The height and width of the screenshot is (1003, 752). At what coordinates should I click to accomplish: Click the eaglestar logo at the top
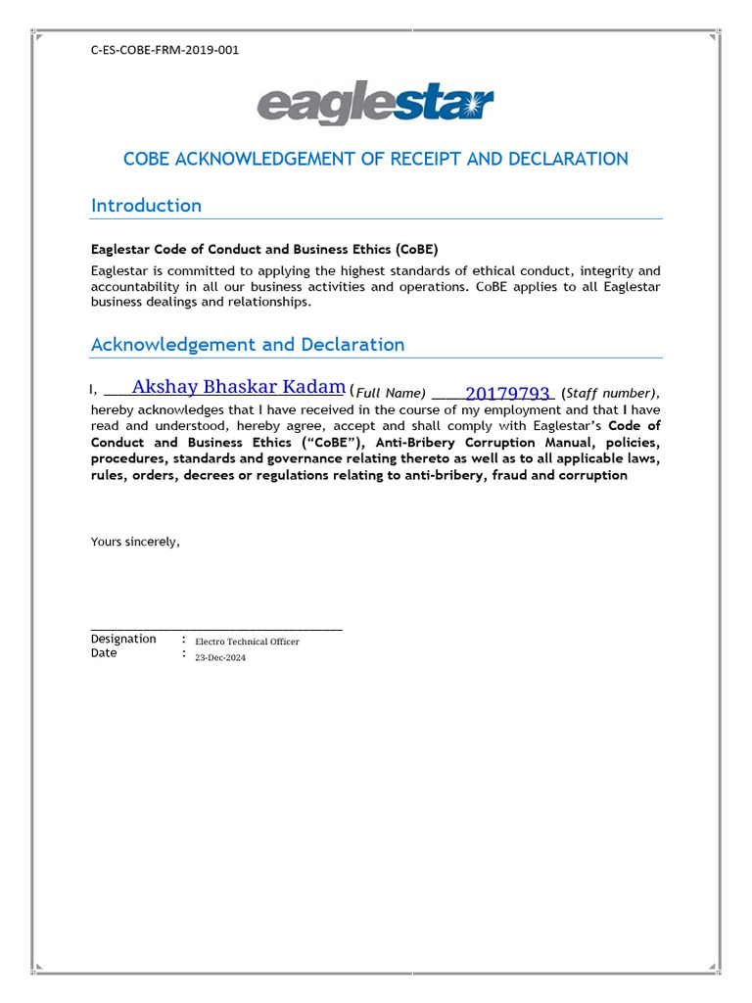pyautogui.click(x=375, y=106)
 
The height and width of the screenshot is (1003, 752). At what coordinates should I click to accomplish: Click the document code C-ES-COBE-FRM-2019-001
pyautogui.click(x=164, y=50)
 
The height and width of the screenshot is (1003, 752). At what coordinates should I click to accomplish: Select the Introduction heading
pyautogui.click(x=146, y=205)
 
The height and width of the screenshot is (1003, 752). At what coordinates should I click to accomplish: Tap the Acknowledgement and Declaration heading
pyautogui.click(x=247, y=344)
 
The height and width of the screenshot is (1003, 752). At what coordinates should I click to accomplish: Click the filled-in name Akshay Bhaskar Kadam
pyautogui.click(x=238, y=386)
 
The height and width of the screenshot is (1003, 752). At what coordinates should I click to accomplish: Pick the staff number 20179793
pyautogui.click(x=507, y=394)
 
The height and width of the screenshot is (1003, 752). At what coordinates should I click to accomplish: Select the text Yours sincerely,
pyautogui.click(x=135, y=541)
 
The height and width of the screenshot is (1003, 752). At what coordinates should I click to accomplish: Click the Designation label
pyautogui.click(x=123, y=639)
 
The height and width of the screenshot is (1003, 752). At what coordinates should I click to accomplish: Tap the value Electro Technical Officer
pyautogui.click(x=247, y=642)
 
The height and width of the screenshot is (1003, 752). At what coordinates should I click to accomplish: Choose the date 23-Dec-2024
pyautogui.click(x=220, y=657)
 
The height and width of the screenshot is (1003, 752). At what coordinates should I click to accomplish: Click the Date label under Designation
pyautogui.click(x=104, y=653)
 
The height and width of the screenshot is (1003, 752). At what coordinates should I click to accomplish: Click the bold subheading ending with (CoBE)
pyautogui.click(x=258, y=249)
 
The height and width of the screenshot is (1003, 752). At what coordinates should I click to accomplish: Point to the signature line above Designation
pyautogui.click(x=216, y=629)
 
